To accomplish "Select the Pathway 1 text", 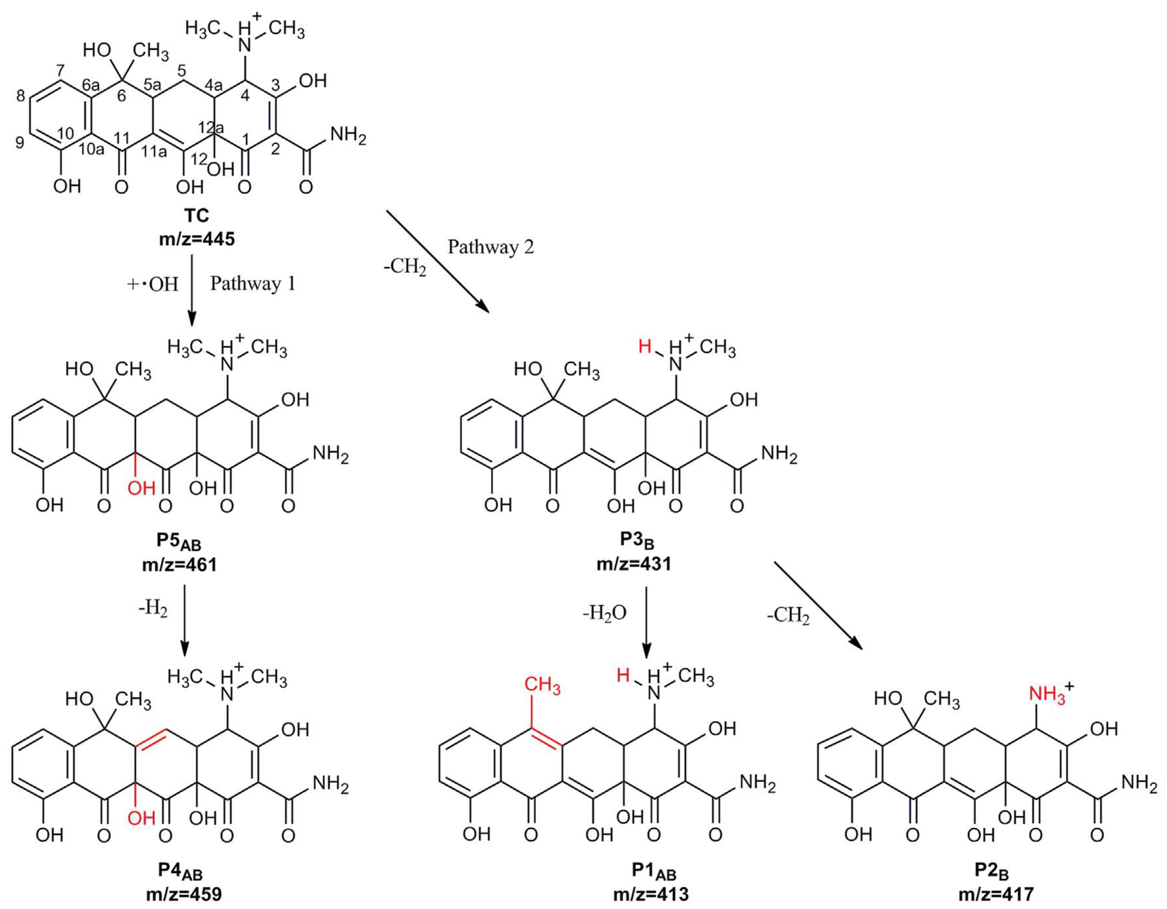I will click(253, 284).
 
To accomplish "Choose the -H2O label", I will click(604, 613).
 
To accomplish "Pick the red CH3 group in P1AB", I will click(542, 685).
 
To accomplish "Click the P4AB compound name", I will click(180, 871).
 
